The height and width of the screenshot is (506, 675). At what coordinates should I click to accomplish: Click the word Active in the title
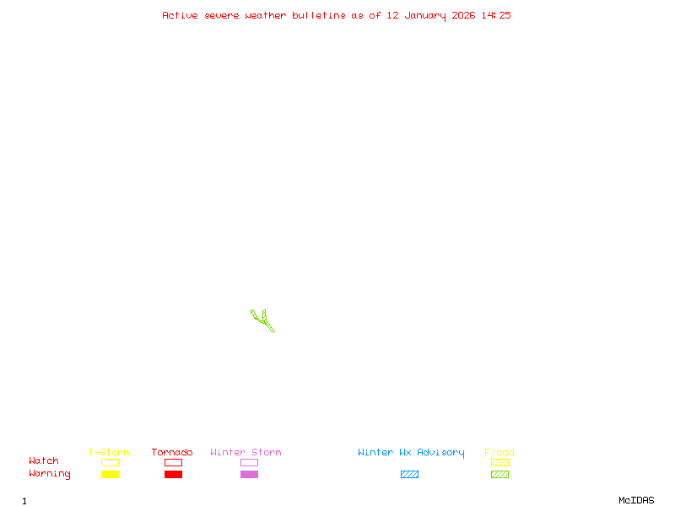point(180,15)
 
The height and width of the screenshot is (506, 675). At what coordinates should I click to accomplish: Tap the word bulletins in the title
point(319,15)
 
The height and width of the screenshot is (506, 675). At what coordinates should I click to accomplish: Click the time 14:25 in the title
point(496,15)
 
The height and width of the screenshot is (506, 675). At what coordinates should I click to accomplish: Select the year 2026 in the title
point(464,15)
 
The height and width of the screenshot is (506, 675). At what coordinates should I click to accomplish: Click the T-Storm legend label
point(109,453)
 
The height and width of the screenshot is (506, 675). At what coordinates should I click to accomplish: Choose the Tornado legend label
point(172,453)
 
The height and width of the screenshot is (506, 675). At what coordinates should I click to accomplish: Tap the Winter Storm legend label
point(246,453)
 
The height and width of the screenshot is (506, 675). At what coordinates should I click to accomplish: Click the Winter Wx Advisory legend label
point(411,453)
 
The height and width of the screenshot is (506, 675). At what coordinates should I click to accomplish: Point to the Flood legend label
point(499,453)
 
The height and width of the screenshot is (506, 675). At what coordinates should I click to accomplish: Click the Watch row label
point(44,461)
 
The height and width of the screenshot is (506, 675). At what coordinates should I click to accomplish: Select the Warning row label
point(50,474)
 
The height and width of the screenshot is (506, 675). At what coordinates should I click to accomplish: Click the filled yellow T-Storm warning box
point(110,475)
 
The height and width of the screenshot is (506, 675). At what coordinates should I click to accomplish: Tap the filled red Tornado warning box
point(173,475)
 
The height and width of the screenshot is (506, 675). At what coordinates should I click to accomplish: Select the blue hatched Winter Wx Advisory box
point(409,475)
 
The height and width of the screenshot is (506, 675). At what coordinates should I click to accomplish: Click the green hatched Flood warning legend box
point(499,475)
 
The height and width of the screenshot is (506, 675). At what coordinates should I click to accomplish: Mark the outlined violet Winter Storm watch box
point(249,463)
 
